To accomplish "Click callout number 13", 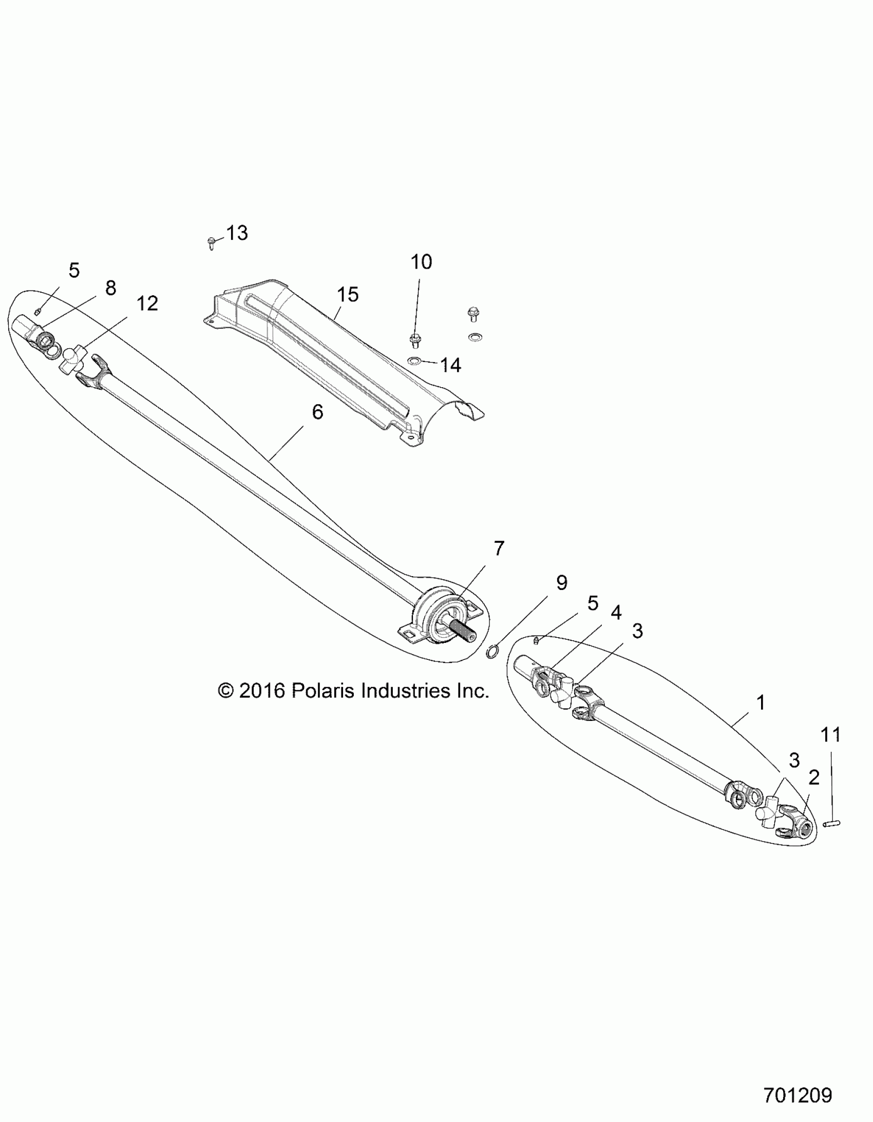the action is point(237,233).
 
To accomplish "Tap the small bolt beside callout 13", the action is point(211,242).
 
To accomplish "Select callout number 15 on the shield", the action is point(347,295).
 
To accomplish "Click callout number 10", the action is point(421,262).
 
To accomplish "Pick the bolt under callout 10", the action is point(414,340).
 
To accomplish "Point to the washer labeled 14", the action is point(414,361).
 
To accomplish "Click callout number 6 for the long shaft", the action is point(317,412).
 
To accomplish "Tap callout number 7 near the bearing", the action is point(499,548).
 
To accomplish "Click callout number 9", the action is point(562,583).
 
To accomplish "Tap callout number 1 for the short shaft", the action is point(761,702).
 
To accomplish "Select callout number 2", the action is point(813,778).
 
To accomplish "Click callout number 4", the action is point(616,613).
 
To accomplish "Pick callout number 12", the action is point(147,303).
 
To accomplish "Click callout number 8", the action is point(110,288).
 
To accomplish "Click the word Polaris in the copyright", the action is point(323,691).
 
